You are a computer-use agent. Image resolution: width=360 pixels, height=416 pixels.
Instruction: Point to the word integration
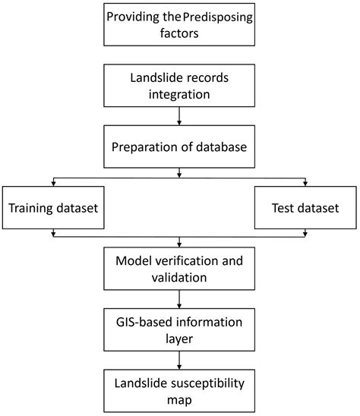pyautogui.click(x=178, y=96)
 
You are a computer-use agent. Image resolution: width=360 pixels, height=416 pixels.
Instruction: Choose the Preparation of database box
pyautogui.click(x=178, y=147)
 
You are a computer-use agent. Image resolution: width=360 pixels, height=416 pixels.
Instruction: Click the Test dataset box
pyautogui.click(x=305, y=206)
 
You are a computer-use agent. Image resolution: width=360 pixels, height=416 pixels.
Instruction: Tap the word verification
pyautogui.click(x=191, y=261)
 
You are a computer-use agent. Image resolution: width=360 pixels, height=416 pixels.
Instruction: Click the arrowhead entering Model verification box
pyautogui.click(x=178, y=245)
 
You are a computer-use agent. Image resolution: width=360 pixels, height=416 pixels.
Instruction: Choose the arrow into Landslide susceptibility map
pyautogui.click(x=178, y=361)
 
